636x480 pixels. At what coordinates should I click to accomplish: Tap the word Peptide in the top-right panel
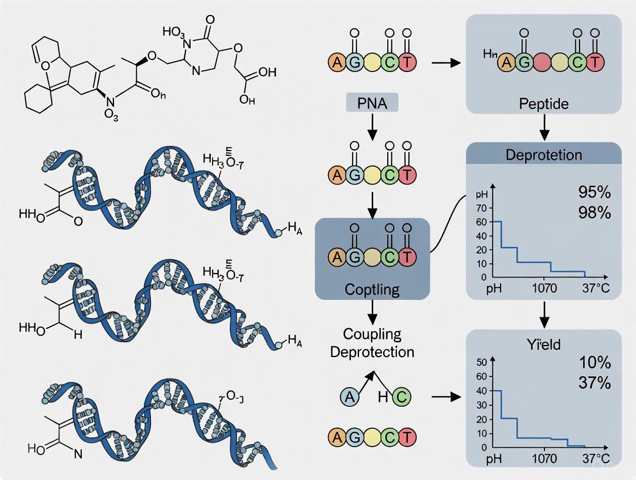point(543,104)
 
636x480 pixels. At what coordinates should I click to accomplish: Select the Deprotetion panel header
point(543,155)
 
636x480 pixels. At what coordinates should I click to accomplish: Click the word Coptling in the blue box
point(372,288)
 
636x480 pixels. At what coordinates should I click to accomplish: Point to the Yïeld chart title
point(543,345)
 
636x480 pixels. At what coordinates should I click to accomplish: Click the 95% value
point(593,192)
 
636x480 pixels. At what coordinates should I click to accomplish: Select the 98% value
point(593,212)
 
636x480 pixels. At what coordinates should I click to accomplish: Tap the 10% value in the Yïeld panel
point(593,363)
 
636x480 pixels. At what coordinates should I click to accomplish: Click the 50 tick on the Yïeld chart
point(481,362)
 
